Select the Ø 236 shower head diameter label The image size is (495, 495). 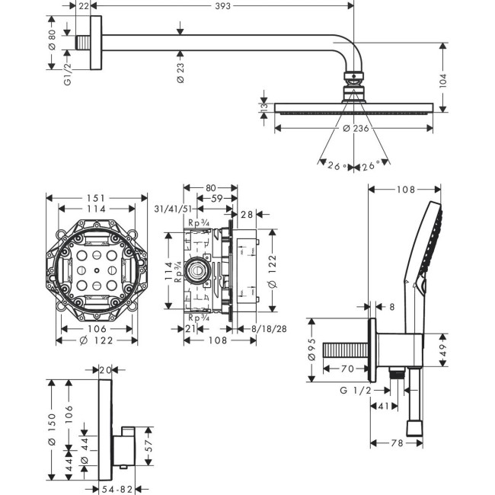pos(355,129)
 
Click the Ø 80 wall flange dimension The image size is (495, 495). pos(51,40)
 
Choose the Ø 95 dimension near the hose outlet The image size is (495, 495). pos(312,354)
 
